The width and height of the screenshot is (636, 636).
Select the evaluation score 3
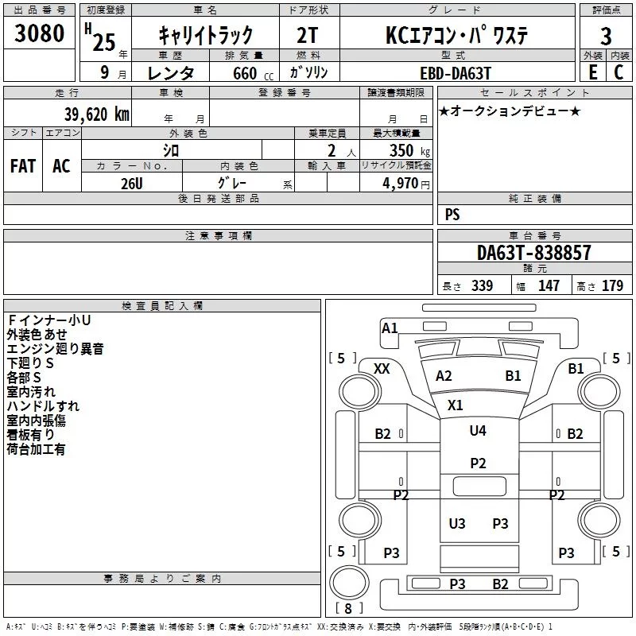[606, 36]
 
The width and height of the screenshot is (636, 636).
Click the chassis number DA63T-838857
[534, 253]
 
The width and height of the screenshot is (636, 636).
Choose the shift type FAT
[23, 166]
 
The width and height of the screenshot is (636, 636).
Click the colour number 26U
[131, 183]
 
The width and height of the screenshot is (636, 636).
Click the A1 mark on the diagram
[390, 328]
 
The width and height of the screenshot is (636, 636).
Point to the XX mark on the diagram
[382, 368]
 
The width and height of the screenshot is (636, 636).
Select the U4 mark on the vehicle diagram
[477, 431]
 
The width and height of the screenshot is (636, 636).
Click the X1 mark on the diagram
[455, 405]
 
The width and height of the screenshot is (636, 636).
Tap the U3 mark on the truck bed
[457, 523]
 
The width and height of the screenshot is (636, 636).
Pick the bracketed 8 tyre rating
[348, 609]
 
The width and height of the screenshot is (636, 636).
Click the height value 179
[612, 286]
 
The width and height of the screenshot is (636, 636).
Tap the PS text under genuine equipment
[452, 215]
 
